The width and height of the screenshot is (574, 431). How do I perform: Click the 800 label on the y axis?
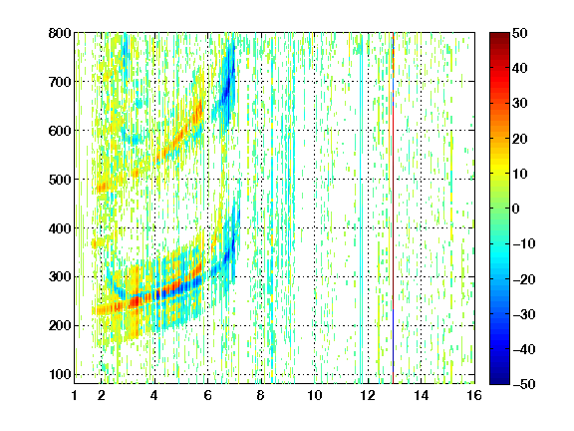[60, 33]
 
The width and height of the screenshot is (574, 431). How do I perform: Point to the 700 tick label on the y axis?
[60, 82]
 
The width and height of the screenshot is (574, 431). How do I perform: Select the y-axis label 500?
[60, 180]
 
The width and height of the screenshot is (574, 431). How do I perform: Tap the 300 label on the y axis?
[60, 277]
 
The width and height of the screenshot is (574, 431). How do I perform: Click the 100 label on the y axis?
[60, 374]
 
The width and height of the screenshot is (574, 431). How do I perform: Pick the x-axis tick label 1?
[75, 395]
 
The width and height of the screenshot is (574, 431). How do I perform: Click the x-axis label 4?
[154, 395]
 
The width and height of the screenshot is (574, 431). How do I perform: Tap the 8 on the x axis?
[261, 395]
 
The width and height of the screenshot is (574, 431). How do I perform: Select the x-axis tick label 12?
[367, 395]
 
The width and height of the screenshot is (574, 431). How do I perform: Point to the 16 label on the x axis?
[474, 395]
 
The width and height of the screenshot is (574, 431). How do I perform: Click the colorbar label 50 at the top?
[520, 33]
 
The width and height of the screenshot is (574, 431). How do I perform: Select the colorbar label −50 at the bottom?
[524, 384]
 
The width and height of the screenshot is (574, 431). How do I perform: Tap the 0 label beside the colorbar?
[516, 209]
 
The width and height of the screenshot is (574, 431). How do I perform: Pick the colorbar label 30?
[520, 104]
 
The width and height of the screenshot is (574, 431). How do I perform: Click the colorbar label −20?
[524, 279]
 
